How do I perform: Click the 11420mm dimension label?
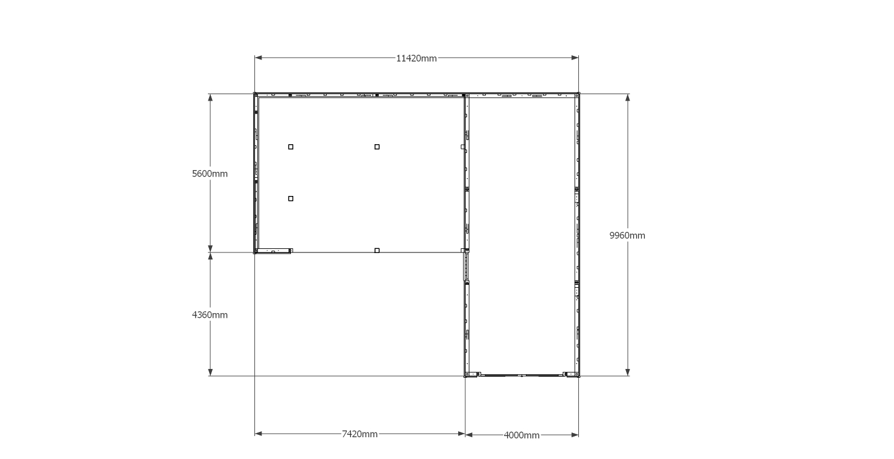coord(416,58)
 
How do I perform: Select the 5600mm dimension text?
coord(210,174)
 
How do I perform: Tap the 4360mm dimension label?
coord(210,315)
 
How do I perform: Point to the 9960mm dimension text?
coord(627,235)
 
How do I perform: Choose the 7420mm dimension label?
coord(360,434)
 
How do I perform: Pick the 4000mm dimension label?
coord(522,435)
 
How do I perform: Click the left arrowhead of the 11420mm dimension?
coord(258,58)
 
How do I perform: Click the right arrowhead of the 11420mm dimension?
coord(575,58)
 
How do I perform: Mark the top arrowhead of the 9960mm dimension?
coord(627,98)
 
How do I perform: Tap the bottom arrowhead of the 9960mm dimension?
coord(627,372)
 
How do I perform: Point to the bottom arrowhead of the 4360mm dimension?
coord(210,372)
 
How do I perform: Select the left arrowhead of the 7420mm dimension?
coord(258,434)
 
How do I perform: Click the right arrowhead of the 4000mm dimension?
coord(575,435)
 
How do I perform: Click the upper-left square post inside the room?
coord(290,147)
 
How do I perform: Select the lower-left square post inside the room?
coord(290,198)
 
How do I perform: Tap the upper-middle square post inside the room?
coord(377,147)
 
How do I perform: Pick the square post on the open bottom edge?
coord(377,251)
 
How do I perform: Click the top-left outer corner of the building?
coord(254,94)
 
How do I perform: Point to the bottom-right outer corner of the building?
coord(580,377)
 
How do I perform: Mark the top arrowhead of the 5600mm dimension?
coord(210,98)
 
